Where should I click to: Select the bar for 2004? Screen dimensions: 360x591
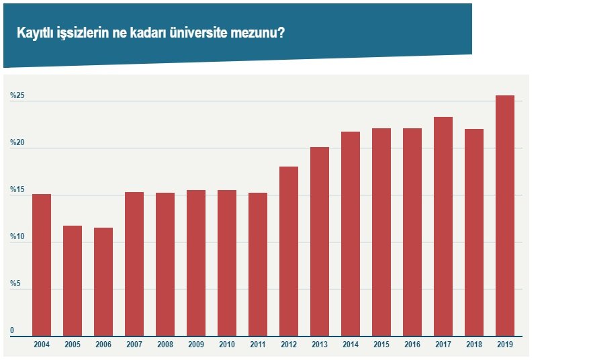tap(42, 265)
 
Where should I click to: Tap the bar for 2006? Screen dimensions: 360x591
tap(103, 281)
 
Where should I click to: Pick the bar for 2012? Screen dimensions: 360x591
tap(289, 251)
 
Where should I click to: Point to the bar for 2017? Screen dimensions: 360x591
tap(443, 226)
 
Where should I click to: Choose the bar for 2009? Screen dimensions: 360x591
tap(196, 263)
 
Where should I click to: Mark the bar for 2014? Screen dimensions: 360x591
tap(351, 234)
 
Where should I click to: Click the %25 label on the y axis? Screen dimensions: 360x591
tap(17, 96)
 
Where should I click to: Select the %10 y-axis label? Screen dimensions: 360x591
tap(17, 237)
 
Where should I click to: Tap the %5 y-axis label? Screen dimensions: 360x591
tap(15, 284)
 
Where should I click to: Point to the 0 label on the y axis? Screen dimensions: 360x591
tap(12, 330)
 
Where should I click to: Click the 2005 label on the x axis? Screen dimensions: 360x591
tap(73, 344)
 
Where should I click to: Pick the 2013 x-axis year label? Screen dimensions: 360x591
tap(320, 344)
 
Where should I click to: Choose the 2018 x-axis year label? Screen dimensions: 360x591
tap(474, 344)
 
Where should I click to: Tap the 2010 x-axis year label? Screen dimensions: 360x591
tap(227, 344)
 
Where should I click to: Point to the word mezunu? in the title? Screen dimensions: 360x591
tap(257, 32)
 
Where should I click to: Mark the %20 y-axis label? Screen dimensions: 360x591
tap(17, 143)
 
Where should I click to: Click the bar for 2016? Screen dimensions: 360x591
tap(412, 232)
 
